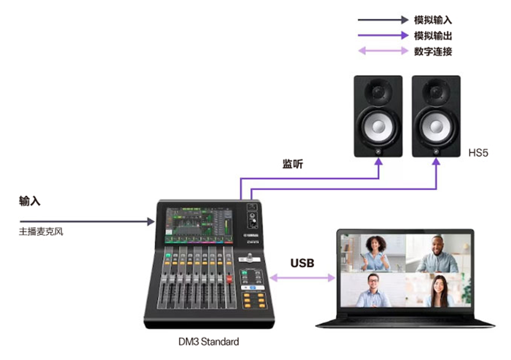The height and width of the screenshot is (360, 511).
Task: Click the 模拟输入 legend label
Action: click(433, 20)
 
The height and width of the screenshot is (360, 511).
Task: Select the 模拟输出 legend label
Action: click(433, 35)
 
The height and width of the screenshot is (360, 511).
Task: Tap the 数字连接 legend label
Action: click(433, 51)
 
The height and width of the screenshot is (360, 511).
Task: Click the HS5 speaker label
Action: click(478, 153)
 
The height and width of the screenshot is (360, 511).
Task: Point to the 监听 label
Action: click(293, 164)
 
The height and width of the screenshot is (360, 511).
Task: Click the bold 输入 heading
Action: click(30, 201)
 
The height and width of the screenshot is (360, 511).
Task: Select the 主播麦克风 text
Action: click(41, 232)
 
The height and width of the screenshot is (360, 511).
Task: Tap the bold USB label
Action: click(302, 263)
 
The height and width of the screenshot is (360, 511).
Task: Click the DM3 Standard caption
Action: click(208, 341)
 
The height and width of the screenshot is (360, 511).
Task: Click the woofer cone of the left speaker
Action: click(379, 127)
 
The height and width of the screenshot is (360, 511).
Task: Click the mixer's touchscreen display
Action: click(199, 225)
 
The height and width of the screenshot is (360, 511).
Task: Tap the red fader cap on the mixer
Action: click(229, 279)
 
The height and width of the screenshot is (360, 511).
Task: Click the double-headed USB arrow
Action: click(303, 278)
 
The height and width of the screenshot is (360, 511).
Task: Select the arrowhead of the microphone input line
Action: click(150, 222)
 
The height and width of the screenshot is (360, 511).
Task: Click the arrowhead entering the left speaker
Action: click(379, 162)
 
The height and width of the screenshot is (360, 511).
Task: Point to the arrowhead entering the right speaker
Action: click(436, 162)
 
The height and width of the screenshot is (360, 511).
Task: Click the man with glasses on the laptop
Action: click(373, 290)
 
